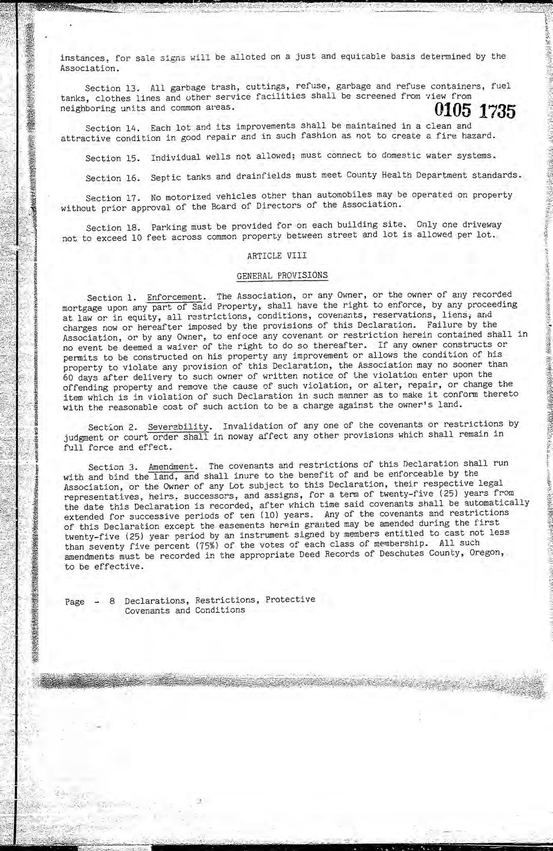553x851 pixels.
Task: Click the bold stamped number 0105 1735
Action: click(475, 111)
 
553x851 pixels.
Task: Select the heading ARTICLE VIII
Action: click(277, 256)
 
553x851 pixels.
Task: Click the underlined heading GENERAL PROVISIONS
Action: click(282, 276)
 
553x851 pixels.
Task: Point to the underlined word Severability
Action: click(178, 427)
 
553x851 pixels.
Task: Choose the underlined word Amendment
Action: click(172, 467)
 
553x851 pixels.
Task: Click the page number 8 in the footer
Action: click(112, 601)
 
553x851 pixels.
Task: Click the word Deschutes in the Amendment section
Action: click(402, 554)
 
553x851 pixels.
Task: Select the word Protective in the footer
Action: click(290, 599)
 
